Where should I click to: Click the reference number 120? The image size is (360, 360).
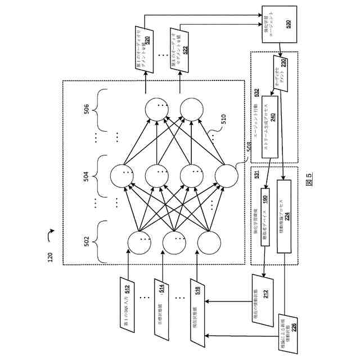pyautogui.click(x=50, y=256)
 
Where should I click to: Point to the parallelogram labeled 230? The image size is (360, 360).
pyautogui.click(x=281, y=70)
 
